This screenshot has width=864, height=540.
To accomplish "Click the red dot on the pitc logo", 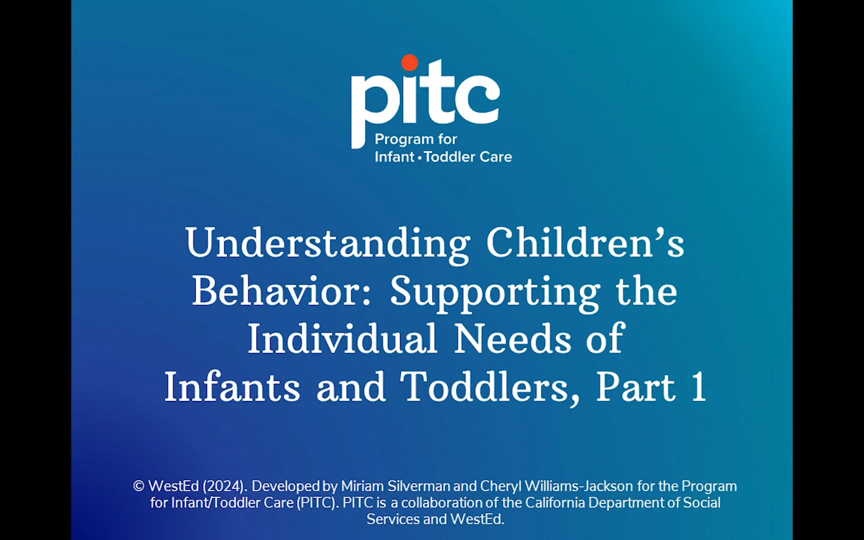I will coord(409,62).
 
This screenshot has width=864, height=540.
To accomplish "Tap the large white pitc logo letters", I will coord(425,100).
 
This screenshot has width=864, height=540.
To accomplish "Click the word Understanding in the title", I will coord(327,243).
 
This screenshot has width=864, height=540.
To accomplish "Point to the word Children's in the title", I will coord(585,243).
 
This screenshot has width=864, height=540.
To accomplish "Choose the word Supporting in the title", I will coord(494,291).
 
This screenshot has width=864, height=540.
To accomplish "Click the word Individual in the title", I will coord(342,339).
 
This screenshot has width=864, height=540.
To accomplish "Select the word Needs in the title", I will coord(512,339).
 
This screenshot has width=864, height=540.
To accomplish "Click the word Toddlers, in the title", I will coord(490,387).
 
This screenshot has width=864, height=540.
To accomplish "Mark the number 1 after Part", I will coord(698,387).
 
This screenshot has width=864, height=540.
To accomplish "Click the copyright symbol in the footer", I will coord(138,486).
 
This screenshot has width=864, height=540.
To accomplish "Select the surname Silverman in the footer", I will coord(418,486).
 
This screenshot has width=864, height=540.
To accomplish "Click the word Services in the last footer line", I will coord(393,519).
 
